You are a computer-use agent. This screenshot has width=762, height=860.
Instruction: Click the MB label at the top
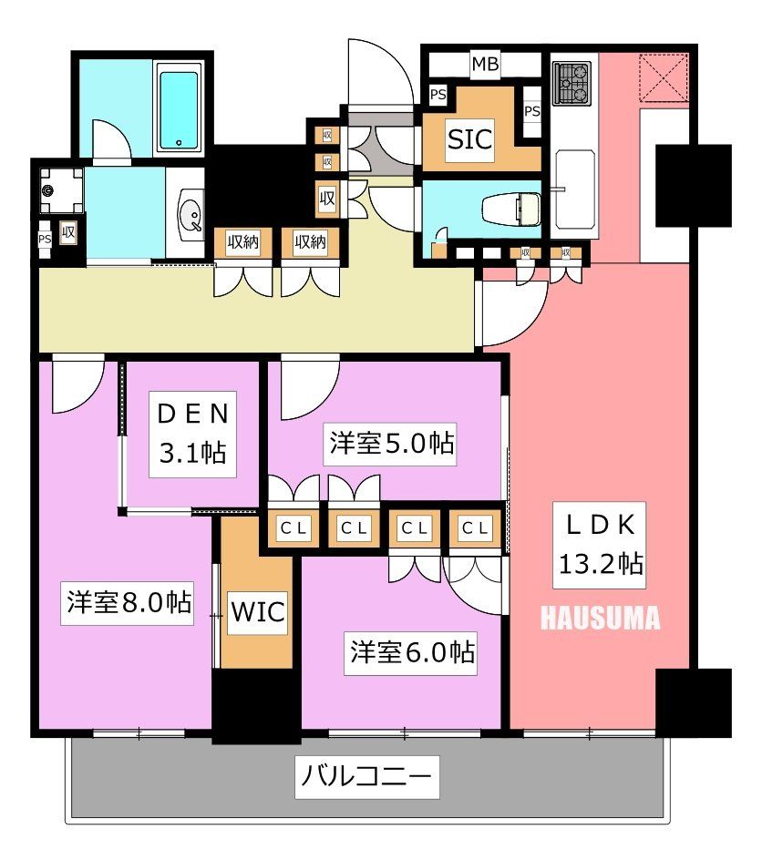[x=484, y=64]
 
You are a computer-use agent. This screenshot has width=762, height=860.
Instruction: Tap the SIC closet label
[x=469, y=139]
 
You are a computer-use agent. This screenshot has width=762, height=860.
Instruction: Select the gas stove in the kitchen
[x=573, y=84]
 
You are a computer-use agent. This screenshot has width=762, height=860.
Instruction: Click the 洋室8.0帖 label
[x=129, y=602]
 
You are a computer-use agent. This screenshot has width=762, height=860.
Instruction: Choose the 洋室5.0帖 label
[x=391, y=444]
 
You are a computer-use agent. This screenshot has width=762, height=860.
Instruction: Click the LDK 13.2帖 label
[x=601, y=546]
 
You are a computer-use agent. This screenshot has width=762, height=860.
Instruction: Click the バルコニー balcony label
[x=366, y=777]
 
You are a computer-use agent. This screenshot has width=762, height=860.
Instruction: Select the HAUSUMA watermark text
[x=600, y=619]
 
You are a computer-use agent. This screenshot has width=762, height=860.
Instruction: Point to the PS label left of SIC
[x=438, y=94]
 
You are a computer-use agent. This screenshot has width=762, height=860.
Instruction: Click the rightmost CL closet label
[x=473, y=527]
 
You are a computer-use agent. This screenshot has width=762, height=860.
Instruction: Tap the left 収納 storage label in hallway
[x=243, y=241]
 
